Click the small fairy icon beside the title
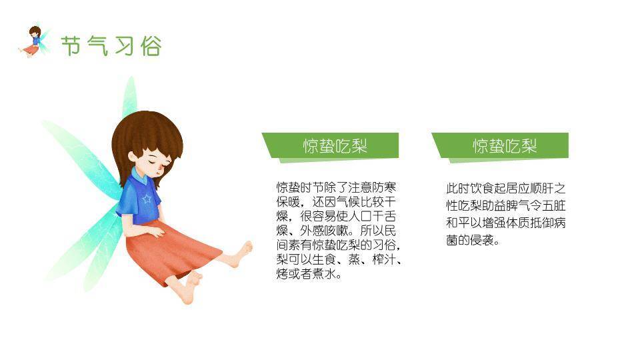click(35, 41)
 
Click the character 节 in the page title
click(71, 45)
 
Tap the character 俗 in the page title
click(151, 45)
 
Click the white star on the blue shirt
click(147, 199)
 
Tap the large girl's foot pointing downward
click(191, 288)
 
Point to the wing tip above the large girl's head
click(131, 79)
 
